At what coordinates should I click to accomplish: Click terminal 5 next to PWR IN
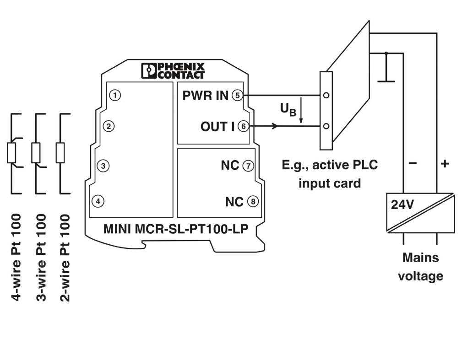(x=236, y=96)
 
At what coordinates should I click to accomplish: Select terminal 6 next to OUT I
(x=243, y=127)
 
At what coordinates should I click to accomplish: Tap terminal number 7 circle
(x=248, y=166)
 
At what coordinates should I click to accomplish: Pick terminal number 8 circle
(x=252, y=201)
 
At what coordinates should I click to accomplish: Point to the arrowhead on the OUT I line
(x=275, y=126)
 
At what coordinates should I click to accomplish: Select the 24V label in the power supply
(x=402, y=204)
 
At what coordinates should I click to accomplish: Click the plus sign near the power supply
(x=444, y=163)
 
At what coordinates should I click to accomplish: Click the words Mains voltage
(x=420, y=267)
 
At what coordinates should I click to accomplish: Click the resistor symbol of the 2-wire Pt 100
(x=60, y=153)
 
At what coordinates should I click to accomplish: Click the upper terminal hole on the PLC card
(x=326, y=96)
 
